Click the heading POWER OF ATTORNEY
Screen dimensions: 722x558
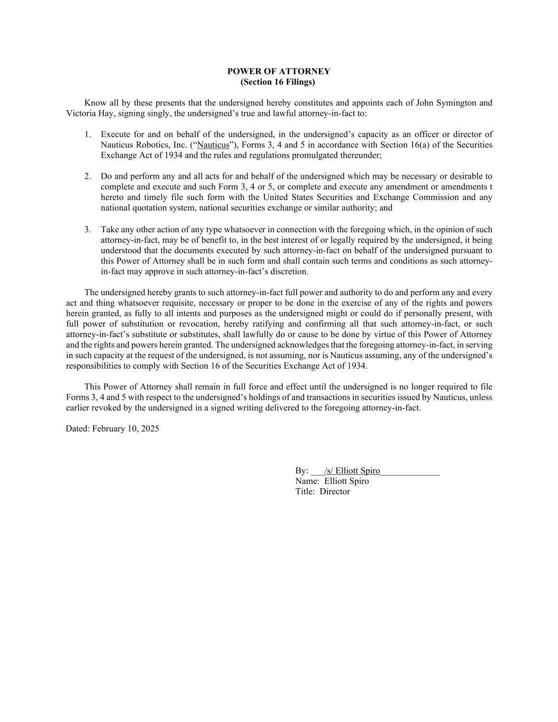click(279, 71)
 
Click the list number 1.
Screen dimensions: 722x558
click(87, 134)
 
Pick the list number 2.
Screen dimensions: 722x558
click(87, 176)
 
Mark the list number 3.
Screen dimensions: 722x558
click(87, 230)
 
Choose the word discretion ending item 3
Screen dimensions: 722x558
click(289, 271)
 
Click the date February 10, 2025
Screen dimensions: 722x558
click(125, 428)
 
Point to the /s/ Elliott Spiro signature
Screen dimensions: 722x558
click(352, 471)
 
